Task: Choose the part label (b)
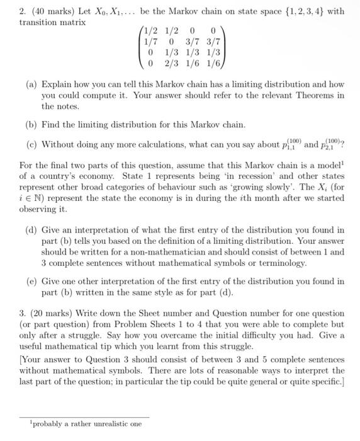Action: coord(31,125)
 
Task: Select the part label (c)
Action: coord(31,144)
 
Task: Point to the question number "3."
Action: coord(9,314)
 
